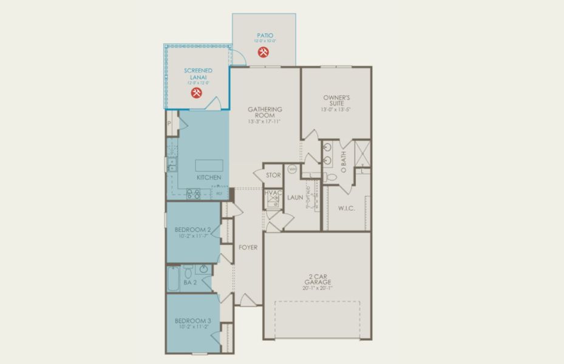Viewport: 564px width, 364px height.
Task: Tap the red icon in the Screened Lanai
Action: [196, 93]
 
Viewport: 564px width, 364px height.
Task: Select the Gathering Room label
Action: [265, 112]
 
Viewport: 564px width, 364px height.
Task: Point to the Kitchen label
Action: [208, 177]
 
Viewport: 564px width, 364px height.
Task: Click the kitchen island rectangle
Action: [208, 164]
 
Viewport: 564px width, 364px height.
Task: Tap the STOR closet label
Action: [273, 175]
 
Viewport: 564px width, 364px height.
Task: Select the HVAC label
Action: [274, 194]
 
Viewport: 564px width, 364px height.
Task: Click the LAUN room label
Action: [295, 197]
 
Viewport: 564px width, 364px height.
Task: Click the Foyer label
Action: [248, 248]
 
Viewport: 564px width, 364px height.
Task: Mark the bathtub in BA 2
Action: [173, 280]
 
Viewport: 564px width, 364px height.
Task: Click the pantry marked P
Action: [169, 123]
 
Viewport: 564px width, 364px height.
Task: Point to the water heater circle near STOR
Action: [291, 169]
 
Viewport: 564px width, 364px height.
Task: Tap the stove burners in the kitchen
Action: [194, 194]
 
